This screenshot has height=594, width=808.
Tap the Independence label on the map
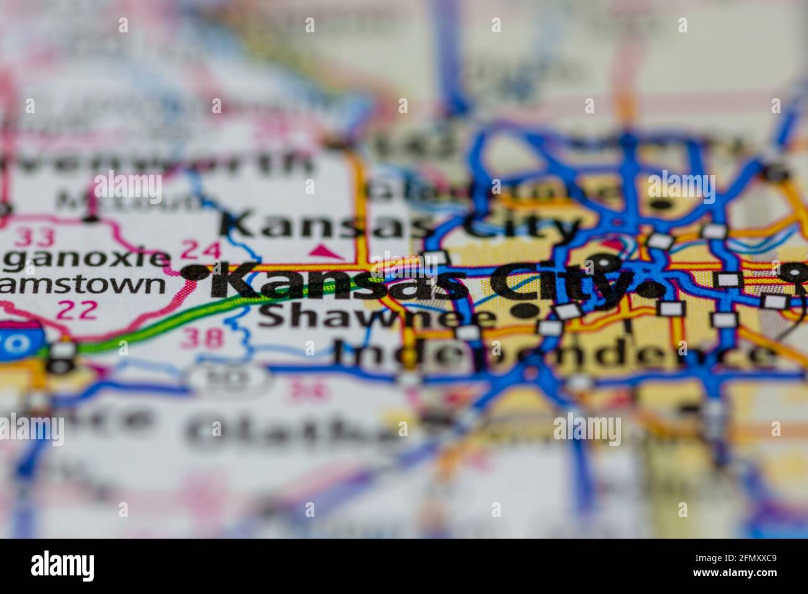click(553, 355)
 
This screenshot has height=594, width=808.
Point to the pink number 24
click(200, 250)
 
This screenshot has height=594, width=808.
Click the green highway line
click(186, 319)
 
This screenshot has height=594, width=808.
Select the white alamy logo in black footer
click(62, 565)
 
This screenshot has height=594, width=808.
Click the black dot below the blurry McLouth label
click(91, 218)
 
